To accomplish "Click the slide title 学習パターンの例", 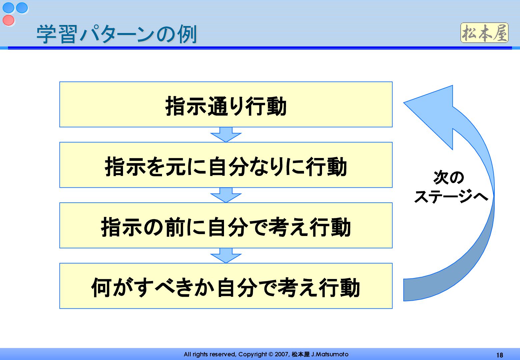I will click(117, 34).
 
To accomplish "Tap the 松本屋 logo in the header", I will click(484, 33).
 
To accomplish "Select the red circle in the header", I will click(9, 20).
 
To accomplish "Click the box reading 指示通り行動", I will click(226, 105).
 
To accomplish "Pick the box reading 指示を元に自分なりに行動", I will click(226, 165).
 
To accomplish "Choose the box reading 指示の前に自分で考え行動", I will click(226, 226).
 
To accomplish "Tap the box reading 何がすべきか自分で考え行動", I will click(226, 286).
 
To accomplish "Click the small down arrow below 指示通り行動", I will click(226, 135).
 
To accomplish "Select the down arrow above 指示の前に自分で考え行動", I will click(226, 195).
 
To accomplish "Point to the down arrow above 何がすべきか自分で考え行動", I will click(226, 256).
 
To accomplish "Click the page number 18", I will click(499, 355).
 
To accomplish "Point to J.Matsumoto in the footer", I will click(330, 354).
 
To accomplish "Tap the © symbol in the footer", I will click(271, 354).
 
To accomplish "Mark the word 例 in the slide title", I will click(187, 34).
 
